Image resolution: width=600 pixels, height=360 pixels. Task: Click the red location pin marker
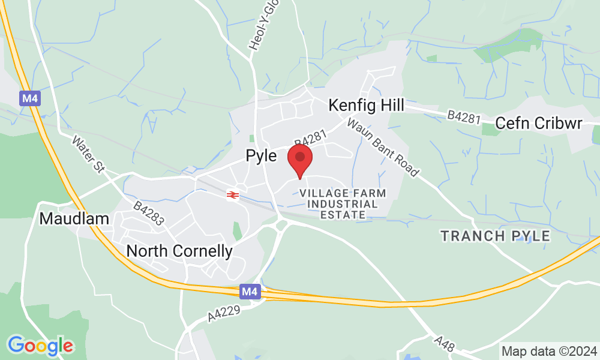[300, 160]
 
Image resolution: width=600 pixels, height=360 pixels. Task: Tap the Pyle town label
[262, 156]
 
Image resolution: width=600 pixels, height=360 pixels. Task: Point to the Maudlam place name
[74, 218]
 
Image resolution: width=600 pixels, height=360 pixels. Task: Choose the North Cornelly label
[179, 251]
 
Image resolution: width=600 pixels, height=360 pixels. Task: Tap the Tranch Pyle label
[496, 236]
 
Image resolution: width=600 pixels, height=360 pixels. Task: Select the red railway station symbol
[233, 194]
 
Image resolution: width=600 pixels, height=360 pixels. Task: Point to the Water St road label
[88, 155]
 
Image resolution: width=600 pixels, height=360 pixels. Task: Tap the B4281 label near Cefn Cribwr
[464, 117]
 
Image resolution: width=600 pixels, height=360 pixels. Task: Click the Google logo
[40, 345]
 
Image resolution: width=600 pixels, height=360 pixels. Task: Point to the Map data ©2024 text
[549, 351]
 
